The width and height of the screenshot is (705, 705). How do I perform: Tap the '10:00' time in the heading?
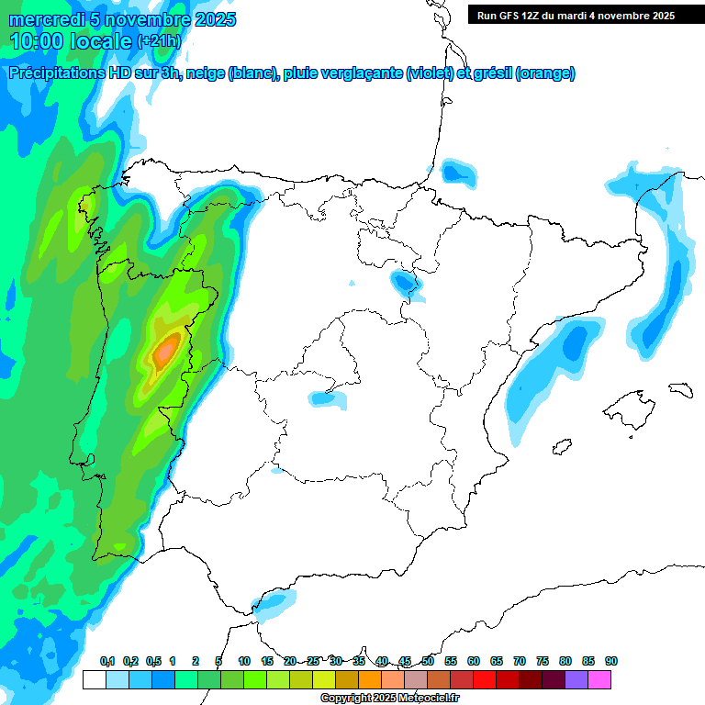click(38, 40)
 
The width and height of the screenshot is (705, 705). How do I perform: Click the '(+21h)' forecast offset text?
click(159, 41)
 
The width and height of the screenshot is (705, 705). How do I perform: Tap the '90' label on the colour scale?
click(611, 662)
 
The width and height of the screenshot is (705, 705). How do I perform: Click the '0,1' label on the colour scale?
click(107, 662)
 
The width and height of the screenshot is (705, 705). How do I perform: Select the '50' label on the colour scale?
click(428, 662)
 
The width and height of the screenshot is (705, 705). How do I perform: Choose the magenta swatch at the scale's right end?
click(599, 679)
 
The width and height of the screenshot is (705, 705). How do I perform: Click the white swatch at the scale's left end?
click(94, 679)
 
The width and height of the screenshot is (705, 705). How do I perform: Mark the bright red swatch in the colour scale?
click(485, 679)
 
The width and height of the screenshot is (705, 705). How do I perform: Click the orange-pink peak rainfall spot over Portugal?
click(166, 351)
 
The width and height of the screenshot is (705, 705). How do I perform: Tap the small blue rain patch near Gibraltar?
click(274, 603)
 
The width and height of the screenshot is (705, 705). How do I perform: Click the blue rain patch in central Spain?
click(327, 398)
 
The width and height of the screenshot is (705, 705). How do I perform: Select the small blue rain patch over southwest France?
click(456, 172)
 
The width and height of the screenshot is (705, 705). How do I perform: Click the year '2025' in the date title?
click(215, 19)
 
